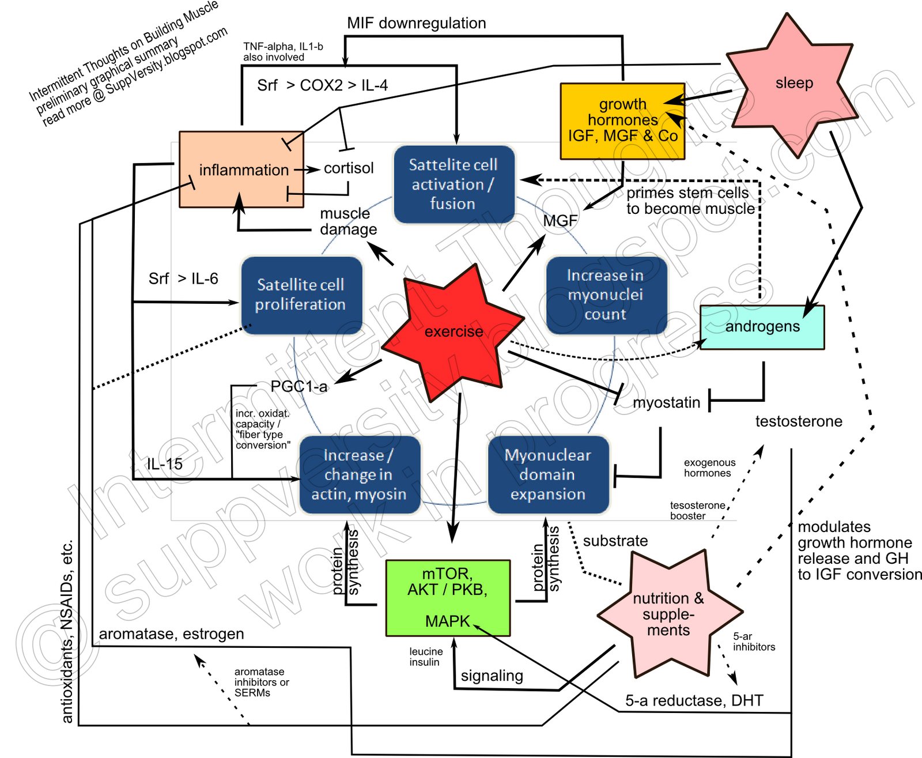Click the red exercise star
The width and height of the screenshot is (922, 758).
pos(453,332)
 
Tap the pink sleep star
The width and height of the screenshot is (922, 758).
pos(793,84)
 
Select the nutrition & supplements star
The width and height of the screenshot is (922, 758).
pos(668,614)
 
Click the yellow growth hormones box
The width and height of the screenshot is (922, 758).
pos(622,121)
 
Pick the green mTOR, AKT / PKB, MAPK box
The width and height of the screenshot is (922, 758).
pos(448,598)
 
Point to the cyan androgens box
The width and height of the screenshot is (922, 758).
pos(762,327)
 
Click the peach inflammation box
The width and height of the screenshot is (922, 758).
pos(242,170)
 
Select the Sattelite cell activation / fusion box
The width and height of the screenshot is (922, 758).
pos(454,184)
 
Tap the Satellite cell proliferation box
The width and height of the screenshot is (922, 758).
pos(301,295)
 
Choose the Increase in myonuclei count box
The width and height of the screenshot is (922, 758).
pos(606,295)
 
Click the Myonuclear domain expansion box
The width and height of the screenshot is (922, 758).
pos(548,474)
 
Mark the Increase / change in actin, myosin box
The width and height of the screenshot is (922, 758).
pos(359,474)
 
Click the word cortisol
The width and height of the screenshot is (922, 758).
pos(349,168)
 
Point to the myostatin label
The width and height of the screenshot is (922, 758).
pos(667,402)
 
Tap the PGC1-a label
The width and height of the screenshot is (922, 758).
pos(299,386)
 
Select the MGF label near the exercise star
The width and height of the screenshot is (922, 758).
pos(560,220)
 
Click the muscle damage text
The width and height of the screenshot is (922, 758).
pos(348,221)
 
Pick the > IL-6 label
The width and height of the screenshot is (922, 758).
pos(198,279)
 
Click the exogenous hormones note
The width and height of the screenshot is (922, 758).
pos(709,468)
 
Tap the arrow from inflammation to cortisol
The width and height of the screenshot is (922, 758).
pos(307,169)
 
